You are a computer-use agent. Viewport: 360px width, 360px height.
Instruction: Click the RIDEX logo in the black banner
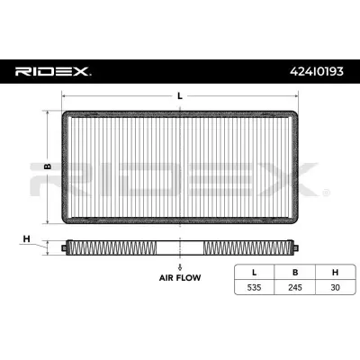tap(53, 71)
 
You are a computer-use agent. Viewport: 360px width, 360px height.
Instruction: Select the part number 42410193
tap(317, 71)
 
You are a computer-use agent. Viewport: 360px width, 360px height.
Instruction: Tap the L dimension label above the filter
tap(180, 96)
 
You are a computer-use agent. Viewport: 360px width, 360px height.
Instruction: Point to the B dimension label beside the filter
tap(48, 166)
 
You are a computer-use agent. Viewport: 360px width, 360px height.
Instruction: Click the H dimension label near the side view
tap(27, 239)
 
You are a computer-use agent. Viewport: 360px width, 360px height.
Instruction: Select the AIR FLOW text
tap(180, 278)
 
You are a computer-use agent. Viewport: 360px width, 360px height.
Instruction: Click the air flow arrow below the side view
tap(180, 266)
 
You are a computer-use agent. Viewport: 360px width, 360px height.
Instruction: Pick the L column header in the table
tap(254, 273)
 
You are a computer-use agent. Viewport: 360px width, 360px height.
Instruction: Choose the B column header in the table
tap(295, 273)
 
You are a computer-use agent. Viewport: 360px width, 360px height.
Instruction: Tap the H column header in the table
tap(335, 273)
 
